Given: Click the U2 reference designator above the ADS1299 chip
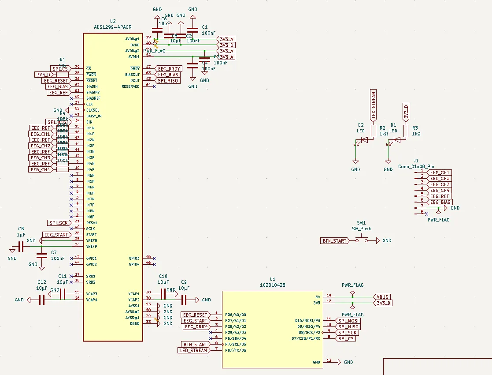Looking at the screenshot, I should click(x=113, y=21).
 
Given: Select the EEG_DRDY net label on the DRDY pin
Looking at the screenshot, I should click(x=169, y=69).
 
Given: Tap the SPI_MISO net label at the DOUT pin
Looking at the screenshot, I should click(x=168, y=81).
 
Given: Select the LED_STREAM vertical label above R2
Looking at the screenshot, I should click(x=374, y=105).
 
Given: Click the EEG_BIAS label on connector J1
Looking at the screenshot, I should click(x=440, y=202).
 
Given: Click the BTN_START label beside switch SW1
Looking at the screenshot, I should click(x=334, y=240).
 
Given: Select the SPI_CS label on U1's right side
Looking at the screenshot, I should click(x=346, y=338).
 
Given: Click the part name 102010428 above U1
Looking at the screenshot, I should click(x=273, y=285).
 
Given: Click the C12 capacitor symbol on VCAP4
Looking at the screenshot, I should click(x=42, y=300).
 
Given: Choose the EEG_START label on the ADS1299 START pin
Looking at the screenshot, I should click(x=56, y=235).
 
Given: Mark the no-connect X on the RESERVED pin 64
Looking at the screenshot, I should click(x=154, y=86).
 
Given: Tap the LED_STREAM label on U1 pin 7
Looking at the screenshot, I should click(x=193, y=350).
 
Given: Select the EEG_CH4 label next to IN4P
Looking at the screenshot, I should click(x=41, y=169).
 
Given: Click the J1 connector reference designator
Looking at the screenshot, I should click(x=416, y=161).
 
